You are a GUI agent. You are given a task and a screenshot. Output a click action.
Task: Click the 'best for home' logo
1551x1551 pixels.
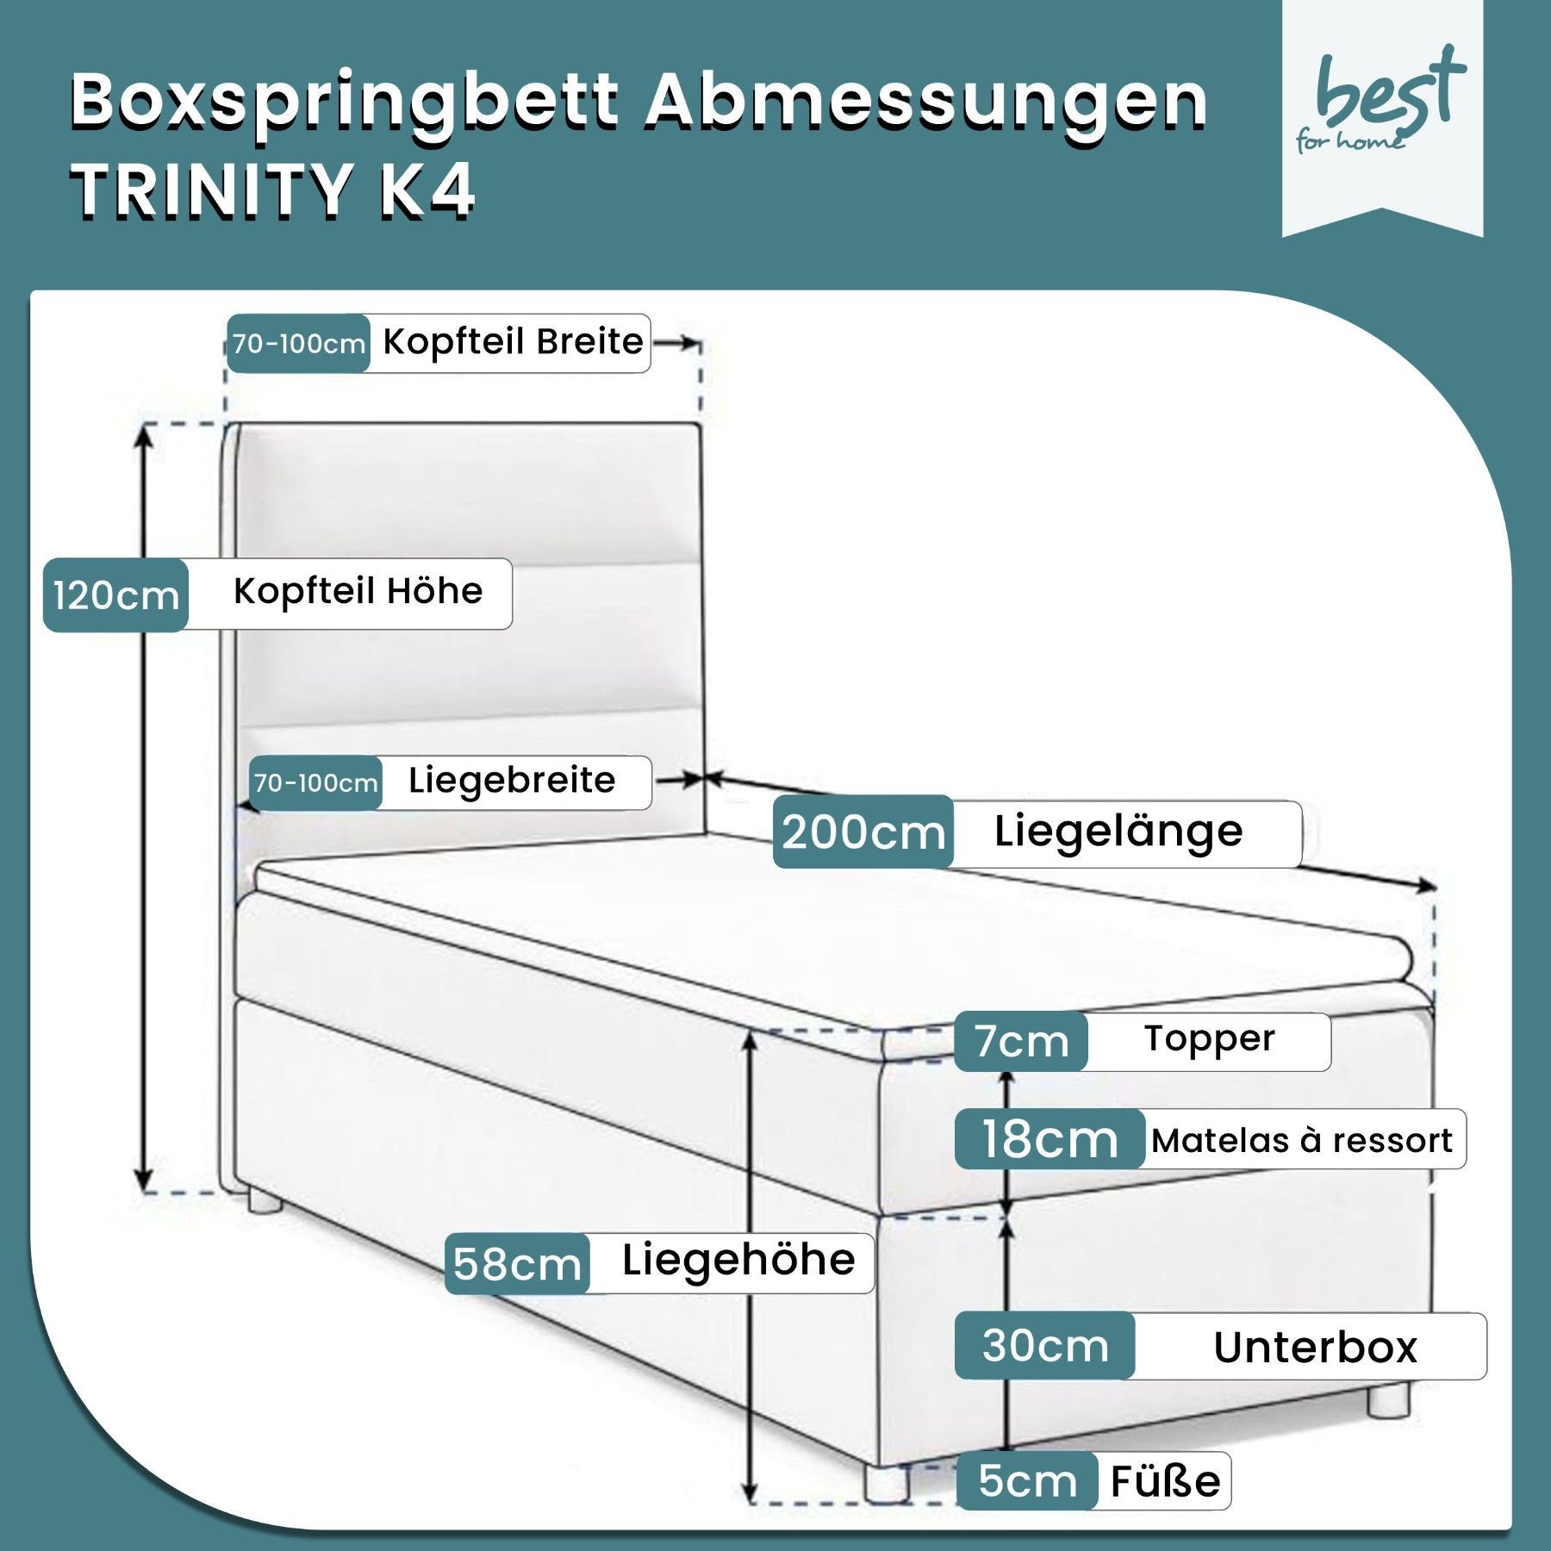coord(1381,103)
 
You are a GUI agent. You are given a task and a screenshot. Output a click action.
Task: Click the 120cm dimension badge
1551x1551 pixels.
coord(115,595)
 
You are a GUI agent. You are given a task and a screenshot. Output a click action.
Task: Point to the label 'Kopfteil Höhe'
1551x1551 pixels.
coord(358,592)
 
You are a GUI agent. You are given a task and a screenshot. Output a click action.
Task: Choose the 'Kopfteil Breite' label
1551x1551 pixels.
coord(513,342)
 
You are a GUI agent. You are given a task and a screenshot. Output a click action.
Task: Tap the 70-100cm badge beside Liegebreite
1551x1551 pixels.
coord(315,783)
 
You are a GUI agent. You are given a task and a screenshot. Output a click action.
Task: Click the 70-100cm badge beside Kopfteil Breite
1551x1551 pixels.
coord(298,344)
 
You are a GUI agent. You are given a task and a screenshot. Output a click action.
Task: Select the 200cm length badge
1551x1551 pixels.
coord(863,832)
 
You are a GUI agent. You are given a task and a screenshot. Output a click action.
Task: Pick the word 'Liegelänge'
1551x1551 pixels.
coord(1118,832)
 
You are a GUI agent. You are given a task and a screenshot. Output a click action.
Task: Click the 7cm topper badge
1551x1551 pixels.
coord(1021,1041)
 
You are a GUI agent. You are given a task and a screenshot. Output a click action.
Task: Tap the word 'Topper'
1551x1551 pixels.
coord(1209,1039)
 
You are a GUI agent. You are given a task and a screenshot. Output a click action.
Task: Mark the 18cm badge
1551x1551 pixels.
coord(1050,1139)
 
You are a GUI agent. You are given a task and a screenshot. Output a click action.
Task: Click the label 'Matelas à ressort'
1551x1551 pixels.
coord(1302,1141)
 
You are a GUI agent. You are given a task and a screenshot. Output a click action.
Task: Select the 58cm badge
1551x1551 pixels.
coord(517,1264)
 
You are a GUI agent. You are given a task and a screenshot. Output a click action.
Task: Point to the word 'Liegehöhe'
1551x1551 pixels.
coord(738,1261)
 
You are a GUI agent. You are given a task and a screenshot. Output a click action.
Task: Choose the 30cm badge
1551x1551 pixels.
coord(1044,1345)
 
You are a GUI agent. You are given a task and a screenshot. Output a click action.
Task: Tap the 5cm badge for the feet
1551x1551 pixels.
coord(1027,1480)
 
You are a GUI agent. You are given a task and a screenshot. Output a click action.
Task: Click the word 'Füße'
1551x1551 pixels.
coord(1165,1481)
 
